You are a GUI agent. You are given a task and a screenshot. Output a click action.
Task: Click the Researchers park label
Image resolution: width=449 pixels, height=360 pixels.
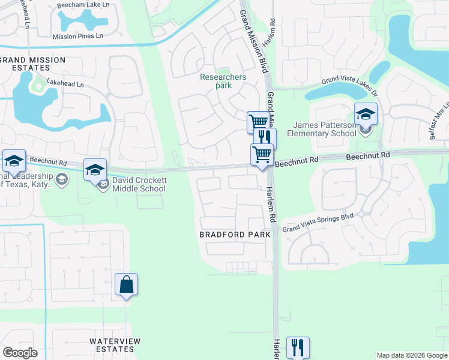(223, 81)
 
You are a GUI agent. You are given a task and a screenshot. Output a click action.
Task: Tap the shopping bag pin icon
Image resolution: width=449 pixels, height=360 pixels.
(127, 285)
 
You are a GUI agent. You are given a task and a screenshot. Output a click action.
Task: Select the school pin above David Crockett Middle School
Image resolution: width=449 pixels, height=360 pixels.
(95, 170)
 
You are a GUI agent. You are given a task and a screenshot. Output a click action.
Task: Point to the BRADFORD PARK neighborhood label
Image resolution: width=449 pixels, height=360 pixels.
(235, 235)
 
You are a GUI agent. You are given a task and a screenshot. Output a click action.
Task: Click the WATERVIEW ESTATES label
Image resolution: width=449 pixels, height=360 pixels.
(115, 345)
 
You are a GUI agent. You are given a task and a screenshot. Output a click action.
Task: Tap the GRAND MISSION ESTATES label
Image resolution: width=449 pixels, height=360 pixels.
(32, 64)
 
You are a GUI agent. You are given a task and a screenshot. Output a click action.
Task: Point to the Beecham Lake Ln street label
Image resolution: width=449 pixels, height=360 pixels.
(83, 5)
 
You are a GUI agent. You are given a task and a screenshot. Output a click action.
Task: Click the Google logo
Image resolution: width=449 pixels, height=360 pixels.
(20, 353)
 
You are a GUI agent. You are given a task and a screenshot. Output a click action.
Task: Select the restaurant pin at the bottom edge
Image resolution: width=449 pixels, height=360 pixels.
(298, 347)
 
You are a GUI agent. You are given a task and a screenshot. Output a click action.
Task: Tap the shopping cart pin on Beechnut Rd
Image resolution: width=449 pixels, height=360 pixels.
(262, 155)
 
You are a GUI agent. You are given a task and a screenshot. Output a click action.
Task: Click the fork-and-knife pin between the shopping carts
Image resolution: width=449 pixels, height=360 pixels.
(265, 139)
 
